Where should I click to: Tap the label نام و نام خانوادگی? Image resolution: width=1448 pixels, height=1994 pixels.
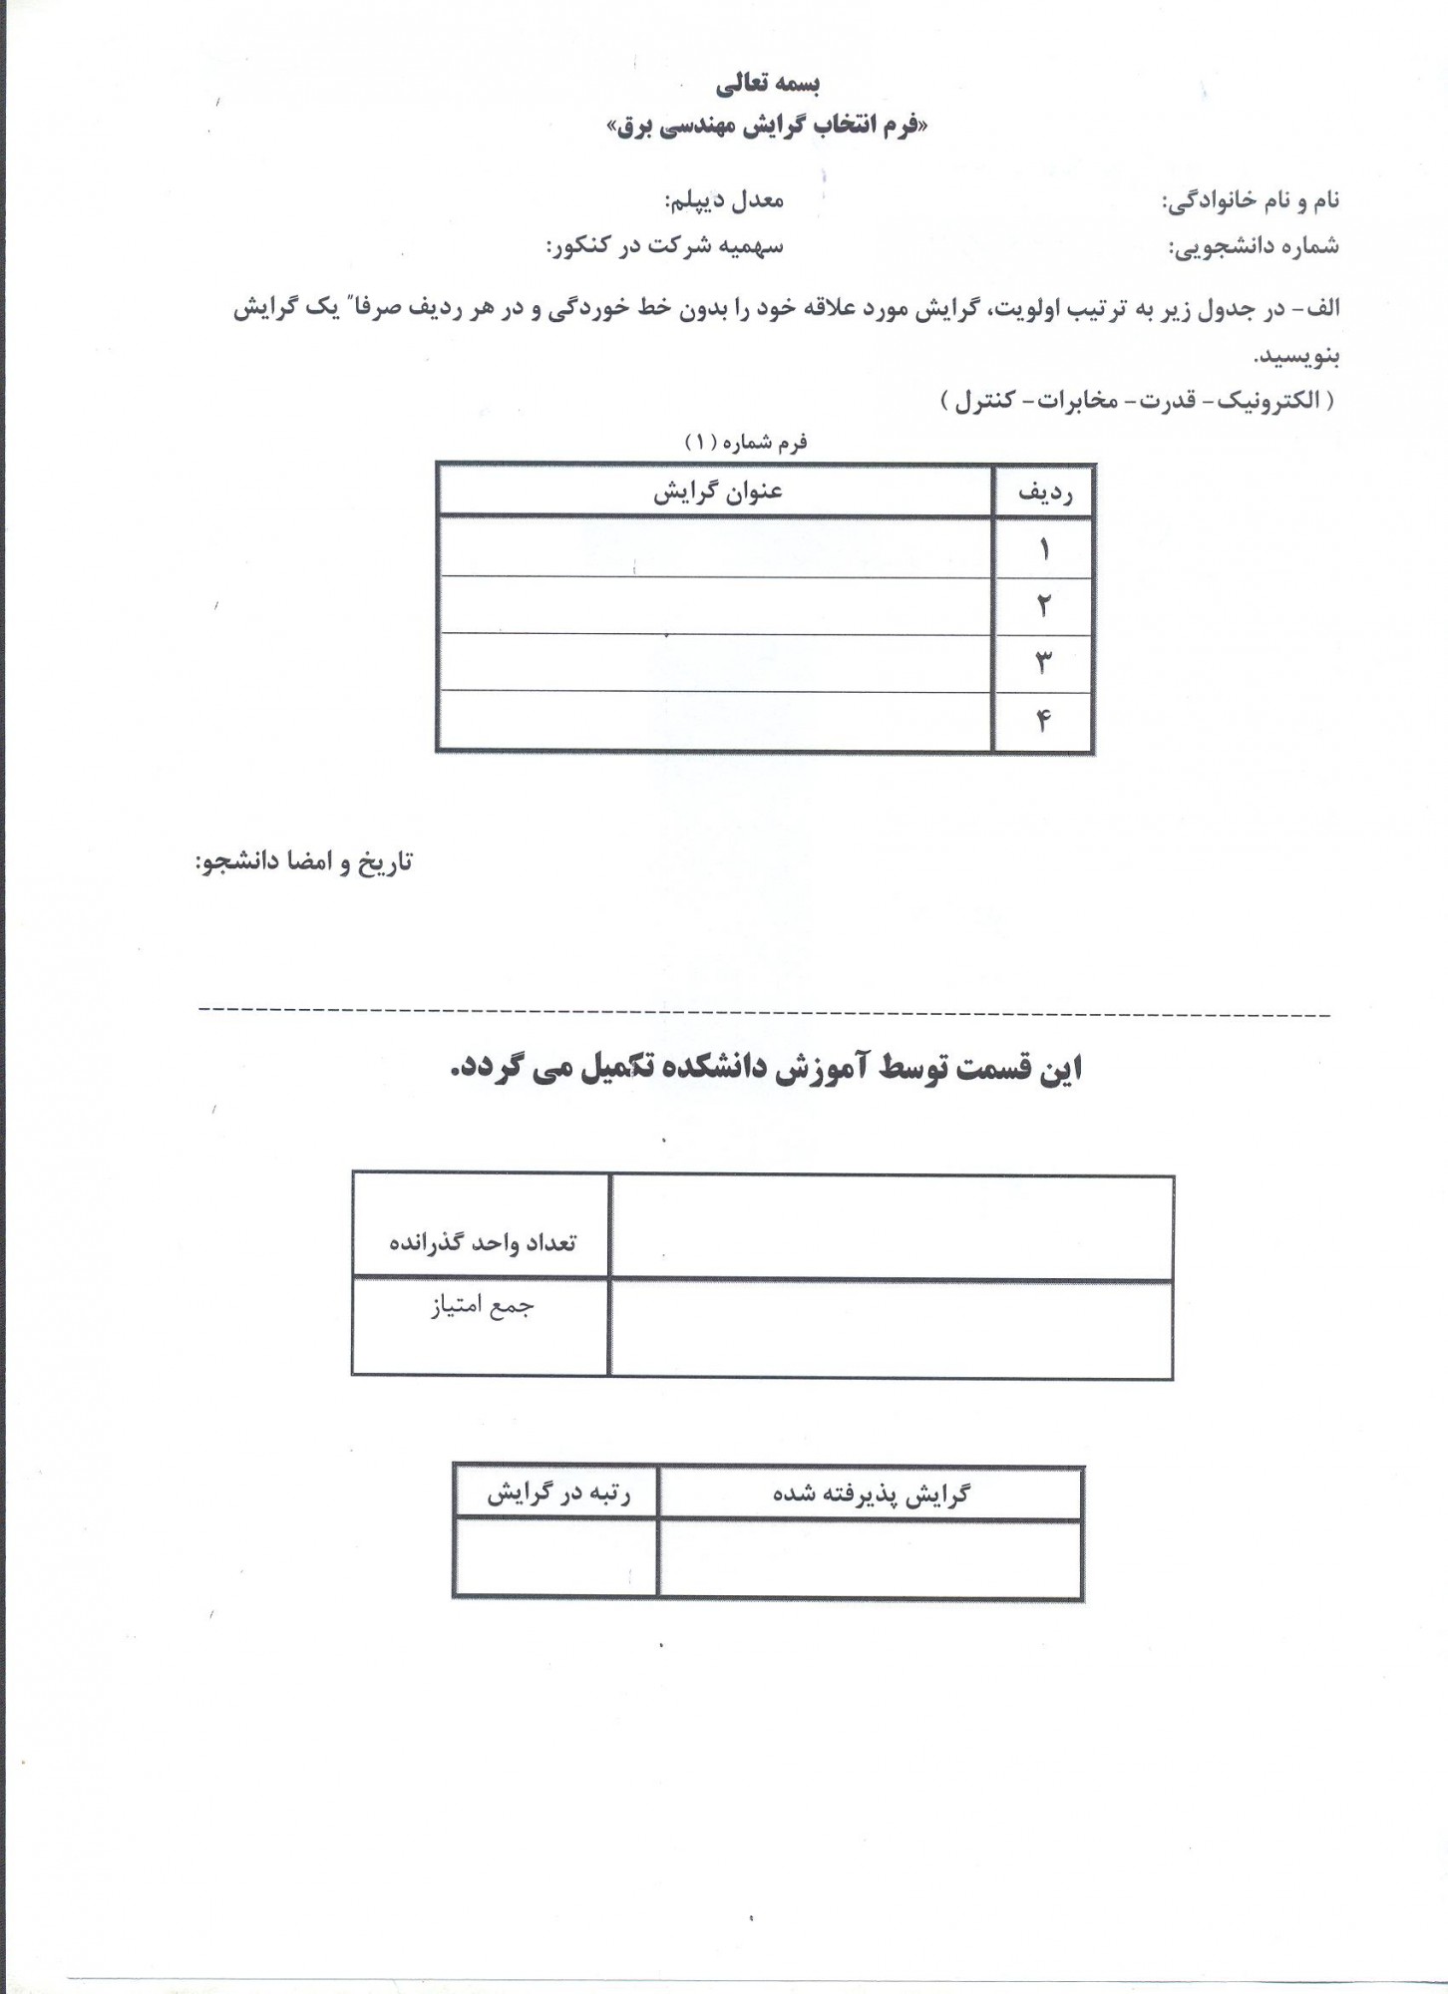(1251, 201)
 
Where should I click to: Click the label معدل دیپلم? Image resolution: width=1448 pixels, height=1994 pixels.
(724, 200)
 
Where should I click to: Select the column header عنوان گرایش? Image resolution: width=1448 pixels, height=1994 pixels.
(717, 494)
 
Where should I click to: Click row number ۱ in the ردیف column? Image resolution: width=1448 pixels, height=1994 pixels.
(1044, 549)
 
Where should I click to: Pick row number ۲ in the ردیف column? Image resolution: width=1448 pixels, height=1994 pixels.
(1044, 605)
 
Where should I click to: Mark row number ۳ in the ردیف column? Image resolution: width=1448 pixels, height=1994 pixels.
(1044, 662)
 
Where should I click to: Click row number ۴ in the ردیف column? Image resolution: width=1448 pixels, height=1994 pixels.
(1044, 720)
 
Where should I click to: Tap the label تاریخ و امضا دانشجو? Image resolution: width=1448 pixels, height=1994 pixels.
(303, 862)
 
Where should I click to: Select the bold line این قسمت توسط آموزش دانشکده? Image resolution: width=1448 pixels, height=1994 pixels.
(765, 1069)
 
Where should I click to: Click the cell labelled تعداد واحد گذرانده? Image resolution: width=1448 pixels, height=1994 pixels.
(482, 1243)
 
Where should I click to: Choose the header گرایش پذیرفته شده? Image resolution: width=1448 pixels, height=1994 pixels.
(871, 1494)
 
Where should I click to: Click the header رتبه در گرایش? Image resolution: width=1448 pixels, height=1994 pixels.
(557, 1494)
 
